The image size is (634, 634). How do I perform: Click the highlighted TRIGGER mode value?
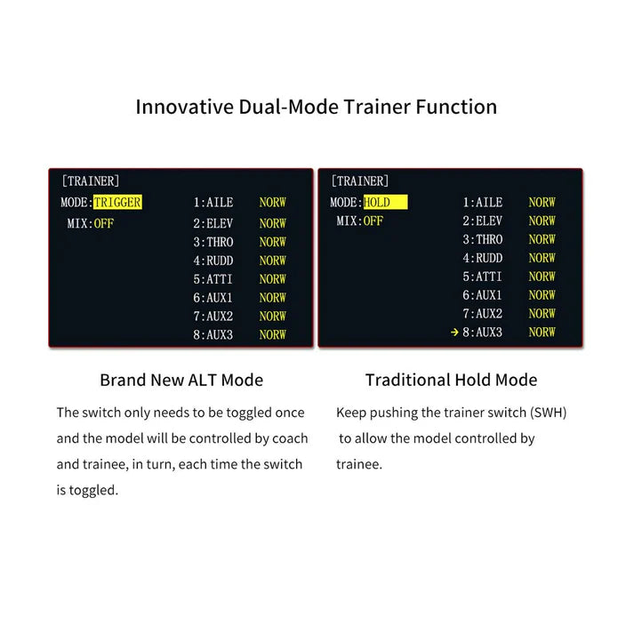pos(117,203)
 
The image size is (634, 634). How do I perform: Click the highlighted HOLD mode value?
pos(377,203)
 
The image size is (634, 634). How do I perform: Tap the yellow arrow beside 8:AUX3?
pos(454,333)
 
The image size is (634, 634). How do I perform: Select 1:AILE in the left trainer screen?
pos(213,203)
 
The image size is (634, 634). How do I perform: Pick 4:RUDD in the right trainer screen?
pos(482,258)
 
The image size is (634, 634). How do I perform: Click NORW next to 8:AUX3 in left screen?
pos(273,334)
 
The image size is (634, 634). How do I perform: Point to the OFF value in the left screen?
pos(104,223)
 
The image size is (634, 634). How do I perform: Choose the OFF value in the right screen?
pos(373,221)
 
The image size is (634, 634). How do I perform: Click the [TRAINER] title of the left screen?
pos(90,181)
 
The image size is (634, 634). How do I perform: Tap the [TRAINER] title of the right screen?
pos(359,181)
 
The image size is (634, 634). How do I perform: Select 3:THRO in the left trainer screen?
pos(213,242)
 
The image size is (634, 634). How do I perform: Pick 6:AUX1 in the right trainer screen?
pos(482,295)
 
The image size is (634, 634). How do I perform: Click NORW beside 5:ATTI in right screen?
pos(542,277)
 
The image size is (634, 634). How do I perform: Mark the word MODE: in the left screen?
pos(76,203)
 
